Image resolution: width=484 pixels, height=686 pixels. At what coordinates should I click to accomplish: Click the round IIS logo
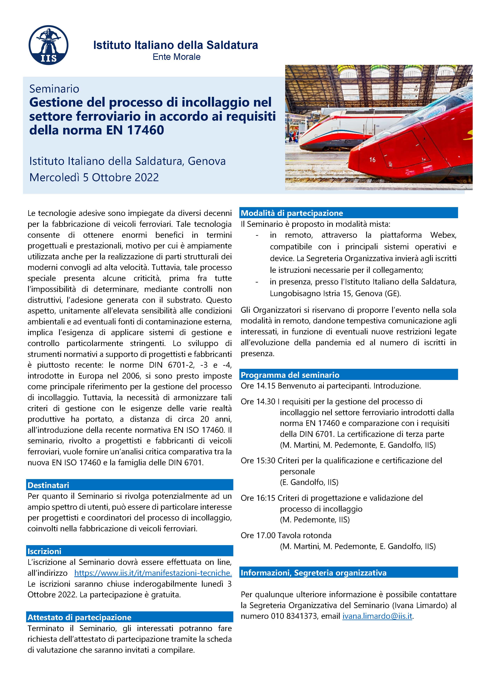pyautogui.click(x=48, y=45)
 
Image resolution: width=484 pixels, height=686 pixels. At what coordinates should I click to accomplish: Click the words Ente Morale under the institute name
pyautogui.click(x=177, y=57)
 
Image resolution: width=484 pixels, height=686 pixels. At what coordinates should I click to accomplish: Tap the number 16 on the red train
pyautogui.click(x=372, y=160)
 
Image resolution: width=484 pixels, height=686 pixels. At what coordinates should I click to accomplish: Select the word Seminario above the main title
pyautogui.click(x=54, y=89)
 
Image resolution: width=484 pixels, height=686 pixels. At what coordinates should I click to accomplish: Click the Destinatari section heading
pyautogui.click(x=48, y=485)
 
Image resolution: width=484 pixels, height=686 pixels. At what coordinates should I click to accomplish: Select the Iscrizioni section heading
pyautogui.click(x=44, y=551)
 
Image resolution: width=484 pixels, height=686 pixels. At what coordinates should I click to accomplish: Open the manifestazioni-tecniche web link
pyautogui.click(x=153, y=573)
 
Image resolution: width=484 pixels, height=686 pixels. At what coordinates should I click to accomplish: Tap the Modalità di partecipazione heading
pyautogui.click(x=292, y=213)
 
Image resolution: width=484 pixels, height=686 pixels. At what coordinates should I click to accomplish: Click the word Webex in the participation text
pyautogui.click(x=443, y=235)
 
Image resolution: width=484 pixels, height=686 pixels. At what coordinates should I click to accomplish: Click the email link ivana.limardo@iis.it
pyautogui.click(x=377, y=616)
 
